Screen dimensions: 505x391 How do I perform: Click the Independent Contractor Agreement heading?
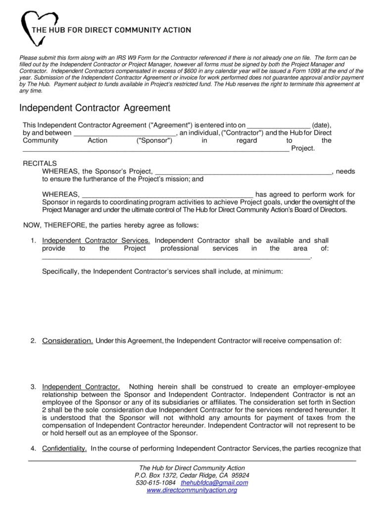click(95, 108)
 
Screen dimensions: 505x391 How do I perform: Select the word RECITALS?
click(40, 163)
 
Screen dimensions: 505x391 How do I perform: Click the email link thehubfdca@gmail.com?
click(214, 483)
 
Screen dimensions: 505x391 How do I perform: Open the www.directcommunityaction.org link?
click(192, 490)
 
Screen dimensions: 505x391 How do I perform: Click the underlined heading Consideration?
click(67, 340)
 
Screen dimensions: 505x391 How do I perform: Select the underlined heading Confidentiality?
click(64, 449)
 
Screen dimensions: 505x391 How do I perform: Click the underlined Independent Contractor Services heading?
click(96, 241)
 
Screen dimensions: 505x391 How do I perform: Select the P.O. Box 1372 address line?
click(192, 475)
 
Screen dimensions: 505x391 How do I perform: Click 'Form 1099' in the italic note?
click(310, 71)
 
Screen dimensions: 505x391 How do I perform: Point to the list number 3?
click(33, 386)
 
